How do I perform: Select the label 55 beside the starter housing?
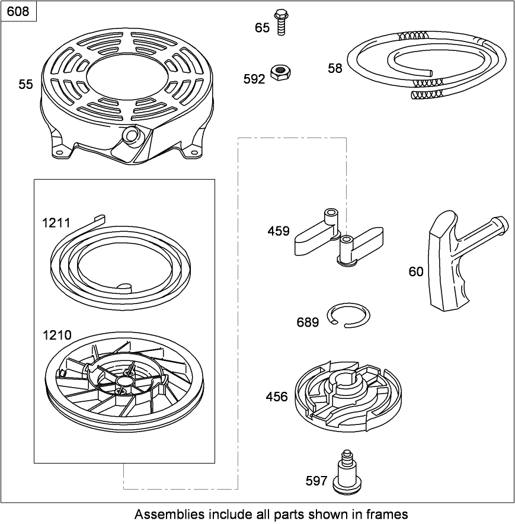[x=25, y=85]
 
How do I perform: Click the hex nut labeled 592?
[x=278, y=73]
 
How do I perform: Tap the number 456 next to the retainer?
[x=277, y=397]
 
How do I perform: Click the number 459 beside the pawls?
[x=279, y=231]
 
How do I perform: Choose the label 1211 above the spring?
[x=56, y=223]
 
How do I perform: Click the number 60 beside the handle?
[x=416, y=271]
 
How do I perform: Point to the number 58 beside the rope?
[x=335, y=68]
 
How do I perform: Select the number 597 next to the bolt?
[x=316, y=481]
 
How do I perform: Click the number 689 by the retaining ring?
[x=308, y=322]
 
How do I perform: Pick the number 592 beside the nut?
[x=254, y=79]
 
